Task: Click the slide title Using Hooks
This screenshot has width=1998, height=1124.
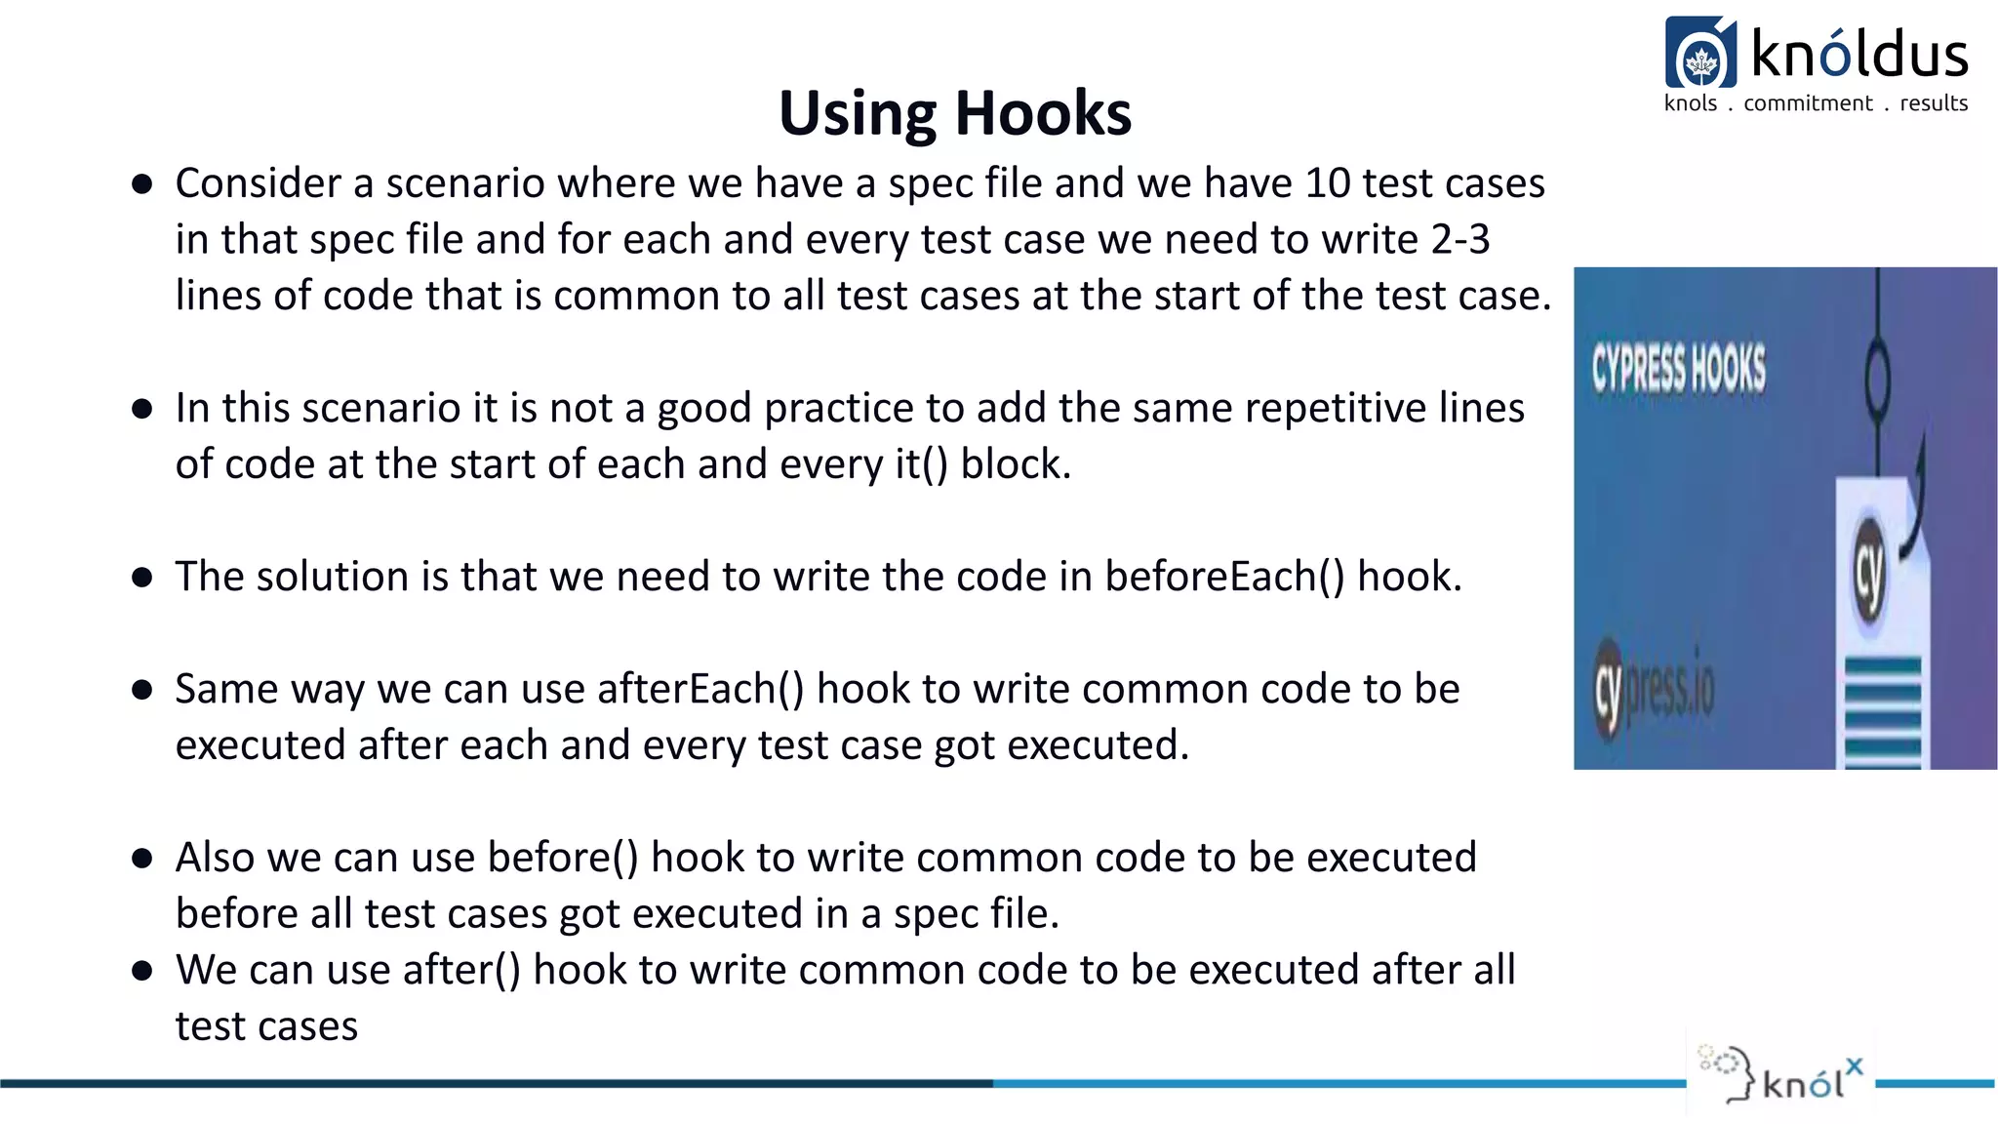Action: (x=954, y=113)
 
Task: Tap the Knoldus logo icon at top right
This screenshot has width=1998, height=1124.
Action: (x=1700, y=53)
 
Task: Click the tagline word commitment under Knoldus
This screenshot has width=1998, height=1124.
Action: (x=1808, y=103)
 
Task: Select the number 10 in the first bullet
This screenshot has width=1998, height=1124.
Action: (x=1327, y=183)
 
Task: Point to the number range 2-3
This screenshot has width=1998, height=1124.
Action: (x=1459, y=240)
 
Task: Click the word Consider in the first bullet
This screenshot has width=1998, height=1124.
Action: (x=259, y=183)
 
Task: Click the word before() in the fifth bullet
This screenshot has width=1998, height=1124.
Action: (x=563, y=858)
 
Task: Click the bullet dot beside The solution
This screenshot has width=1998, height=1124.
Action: (x=142, y=578)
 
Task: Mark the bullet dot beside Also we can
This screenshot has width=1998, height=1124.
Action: (x=142, y=859)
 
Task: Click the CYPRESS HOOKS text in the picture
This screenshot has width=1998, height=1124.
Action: (x=1678, y=370)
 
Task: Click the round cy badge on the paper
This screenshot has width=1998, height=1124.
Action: (x=1869, y=570)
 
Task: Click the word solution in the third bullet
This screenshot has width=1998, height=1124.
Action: (x=332, y=577)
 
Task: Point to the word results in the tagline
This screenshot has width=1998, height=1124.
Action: (x=1934, y=103)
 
